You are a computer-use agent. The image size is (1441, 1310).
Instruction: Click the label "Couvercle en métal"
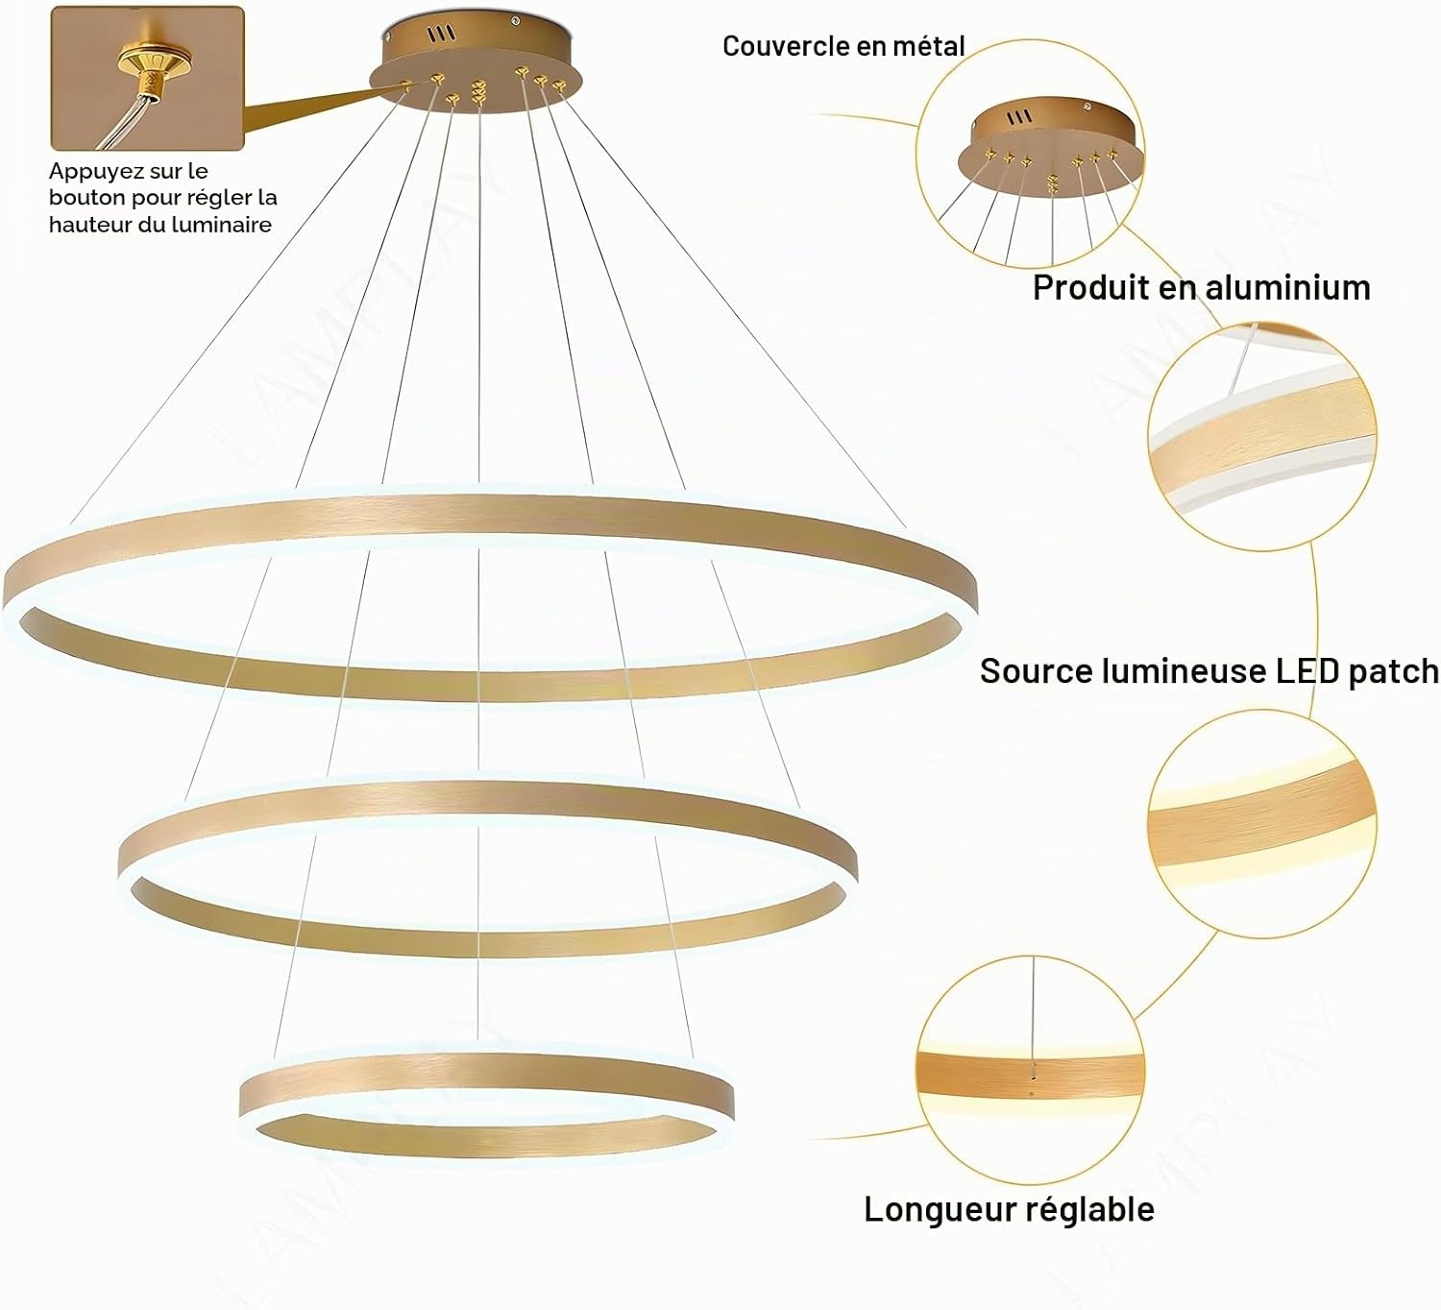(x=843, y=47)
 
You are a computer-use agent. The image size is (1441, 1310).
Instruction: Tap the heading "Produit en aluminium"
(x=1202, y=288)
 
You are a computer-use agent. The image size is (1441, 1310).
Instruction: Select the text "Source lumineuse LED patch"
(x=1209, y=671)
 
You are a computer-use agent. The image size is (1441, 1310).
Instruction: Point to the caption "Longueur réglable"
(x=1010, y=1209)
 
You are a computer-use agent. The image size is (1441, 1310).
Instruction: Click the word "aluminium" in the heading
(x=1288, y=288)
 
